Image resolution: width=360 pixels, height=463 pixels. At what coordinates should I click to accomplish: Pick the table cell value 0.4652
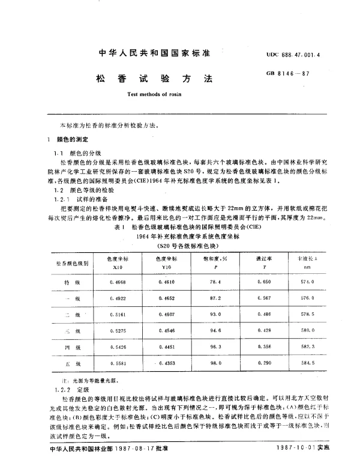point(168,298)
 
